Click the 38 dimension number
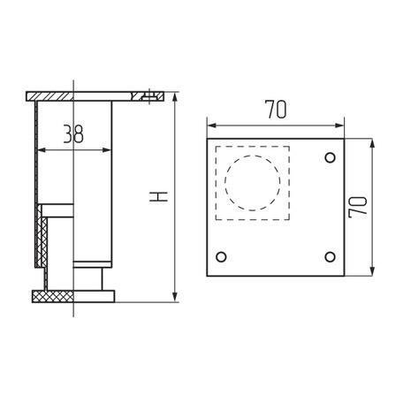coord(73,133)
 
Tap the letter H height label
coord(158,196)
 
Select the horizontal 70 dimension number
coord(276,110)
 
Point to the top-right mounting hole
coord(330,157)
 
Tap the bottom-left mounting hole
coord(221,257)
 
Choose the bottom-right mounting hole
coord(330,257)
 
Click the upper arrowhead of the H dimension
coord(175,96)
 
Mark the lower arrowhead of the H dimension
coord(175,298)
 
